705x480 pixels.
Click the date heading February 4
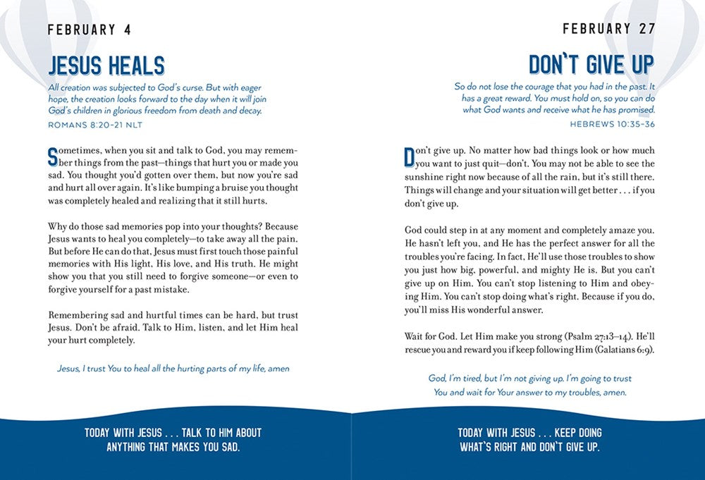[89, 30]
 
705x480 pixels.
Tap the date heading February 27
[608, 29]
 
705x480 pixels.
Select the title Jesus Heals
[106, 66]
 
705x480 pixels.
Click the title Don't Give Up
[591, 65]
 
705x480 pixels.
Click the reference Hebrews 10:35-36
[612, 123]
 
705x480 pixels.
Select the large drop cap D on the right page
[410, 156]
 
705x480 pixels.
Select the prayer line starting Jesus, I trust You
[173, 368]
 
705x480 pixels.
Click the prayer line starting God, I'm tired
[530, 386]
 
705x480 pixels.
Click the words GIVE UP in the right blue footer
[579, 447]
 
